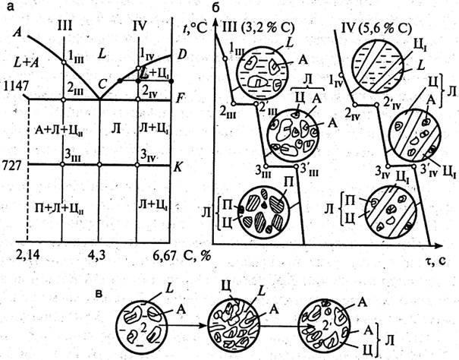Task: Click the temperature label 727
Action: [17, 163]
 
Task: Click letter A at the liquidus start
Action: [17, 33]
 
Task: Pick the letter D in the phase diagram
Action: [181, 56]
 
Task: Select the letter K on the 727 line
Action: [181, 161]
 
